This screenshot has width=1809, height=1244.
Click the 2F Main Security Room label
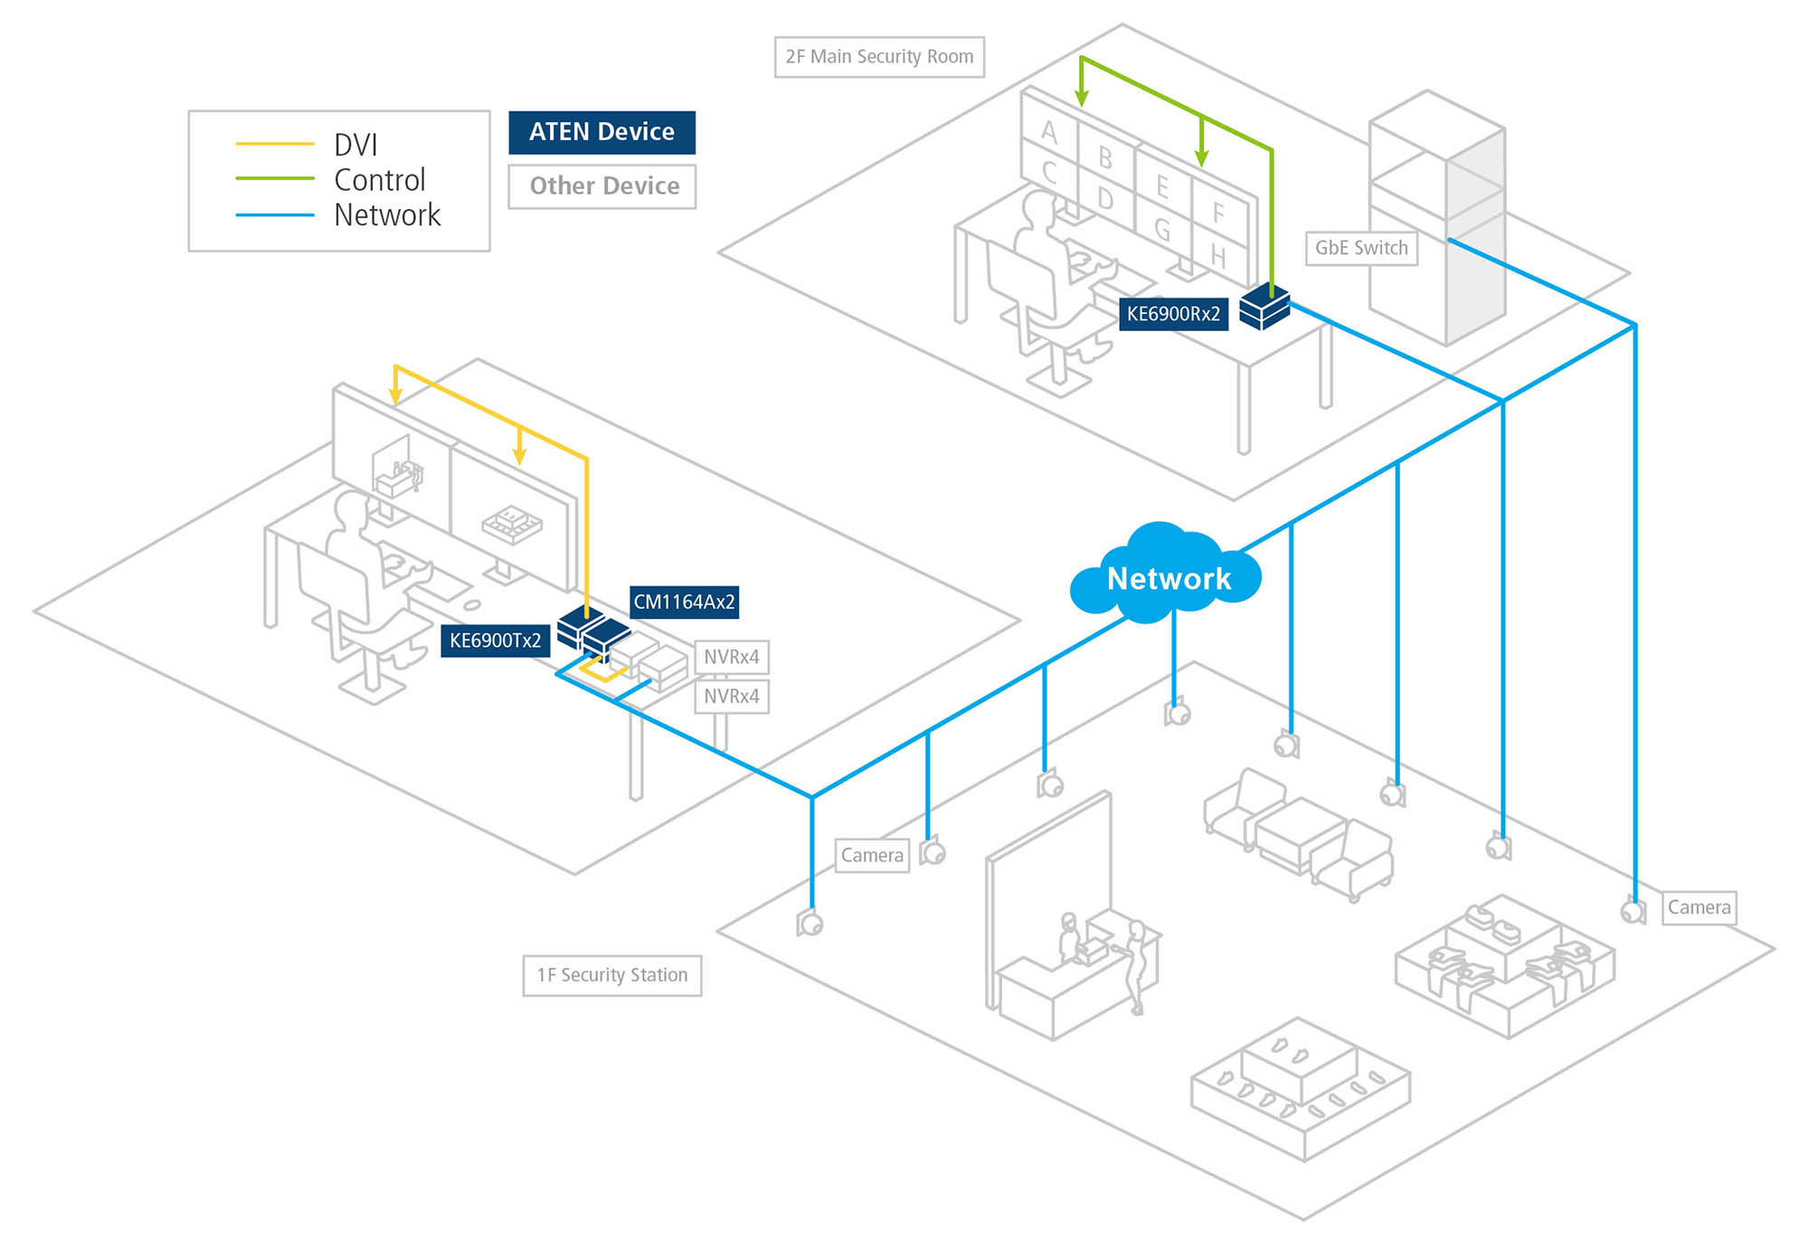click(879, 57)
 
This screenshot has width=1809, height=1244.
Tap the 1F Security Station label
click(612, 975)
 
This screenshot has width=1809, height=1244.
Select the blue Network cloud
click(1167, 576)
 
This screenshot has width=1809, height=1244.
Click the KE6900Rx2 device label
click(1173, 314)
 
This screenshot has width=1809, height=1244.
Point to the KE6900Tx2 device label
click(495, 641)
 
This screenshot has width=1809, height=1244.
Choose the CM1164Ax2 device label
click(684, 602)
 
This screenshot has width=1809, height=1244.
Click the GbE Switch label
click(1361, 248)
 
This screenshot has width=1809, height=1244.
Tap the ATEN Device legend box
click(601, 132)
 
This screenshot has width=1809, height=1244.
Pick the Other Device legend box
click(602, 186)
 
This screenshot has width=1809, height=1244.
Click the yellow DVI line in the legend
click(274, 144)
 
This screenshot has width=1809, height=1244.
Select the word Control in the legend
click(379, 180)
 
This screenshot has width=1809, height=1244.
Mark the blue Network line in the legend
click(274, 215)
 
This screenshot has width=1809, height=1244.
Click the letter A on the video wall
click(1049, 132)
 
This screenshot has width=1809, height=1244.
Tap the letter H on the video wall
click(1218, 258)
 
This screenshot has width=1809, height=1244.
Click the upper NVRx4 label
click(732, 657)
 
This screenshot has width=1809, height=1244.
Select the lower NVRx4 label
click(732, 697)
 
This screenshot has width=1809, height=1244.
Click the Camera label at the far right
click(1699, 907)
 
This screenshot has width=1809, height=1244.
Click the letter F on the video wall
click(1218, 214)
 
